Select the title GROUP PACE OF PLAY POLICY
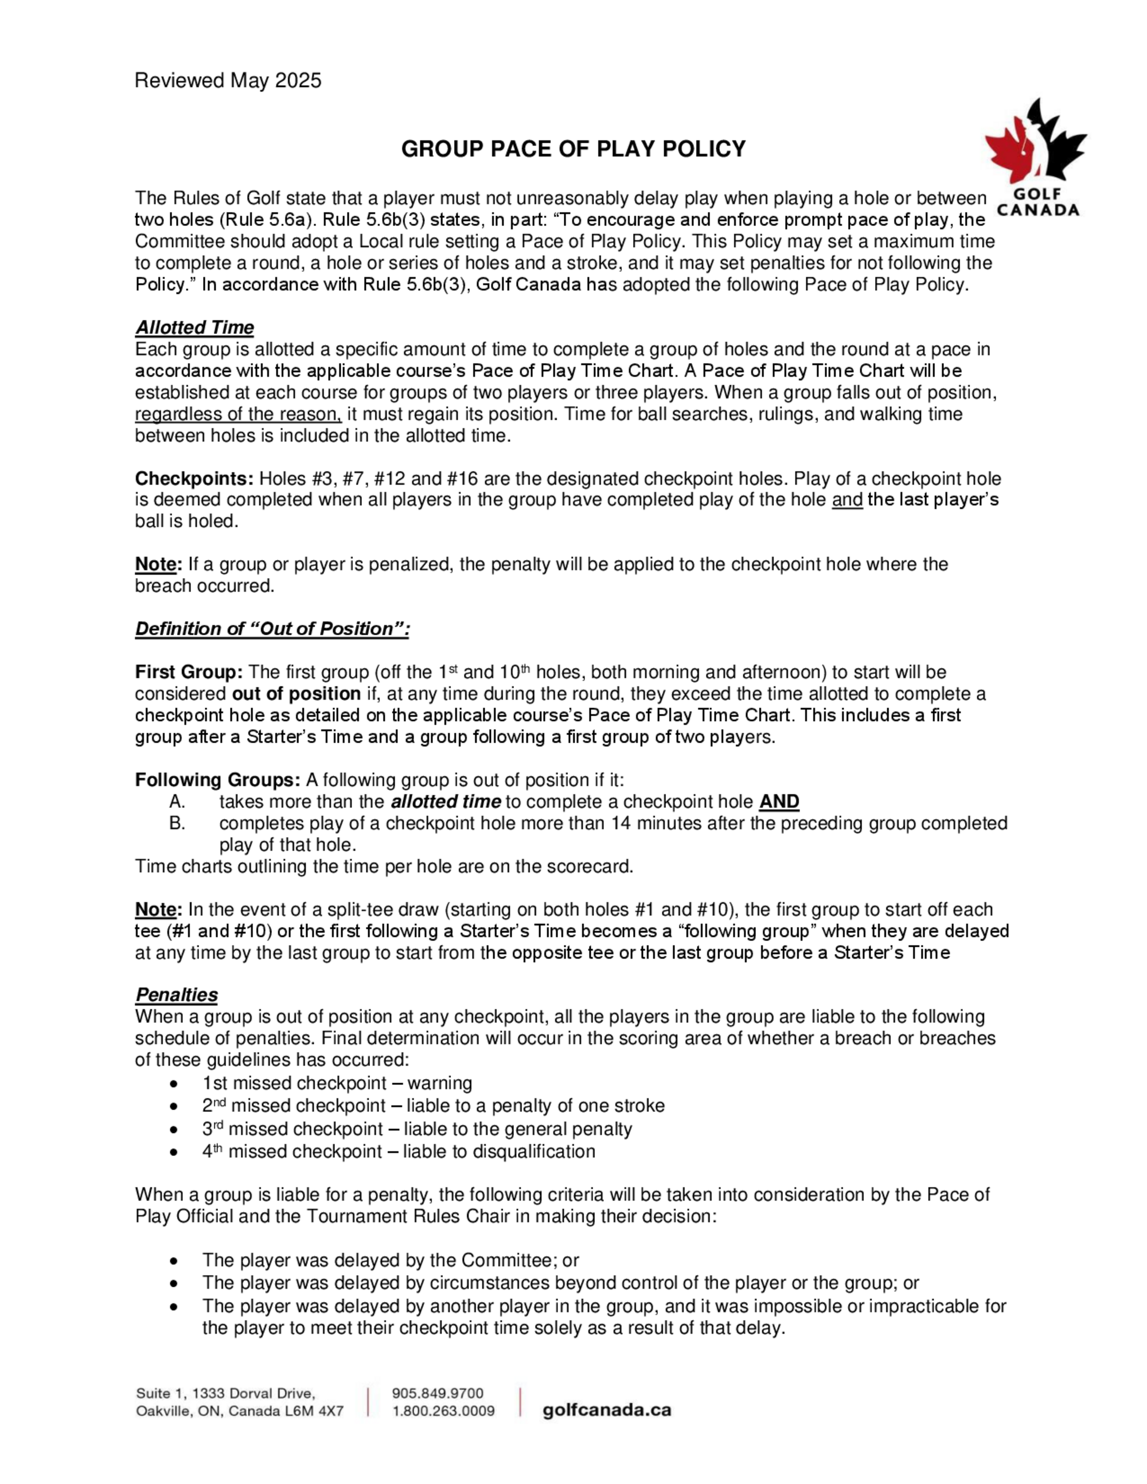coord(573,149)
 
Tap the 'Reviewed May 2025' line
coord(228,81)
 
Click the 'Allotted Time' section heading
coord(194,327)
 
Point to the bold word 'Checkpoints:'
coord(194,478)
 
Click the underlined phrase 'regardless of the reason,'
coord(238,414)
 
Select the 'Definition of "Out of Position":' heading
coord(272,628)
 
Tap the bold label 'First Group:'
coord(188,672)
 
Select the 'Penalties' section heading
coord(176,995)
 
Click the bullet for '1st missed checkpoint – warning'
coord(175,1083)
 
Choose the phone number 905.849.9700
coord(438,1393)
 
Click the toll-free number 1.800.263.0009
coord(443,1411)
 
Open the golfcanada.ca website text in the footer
coord(606,1410)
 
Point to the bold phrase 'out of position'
coord(296,694)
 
